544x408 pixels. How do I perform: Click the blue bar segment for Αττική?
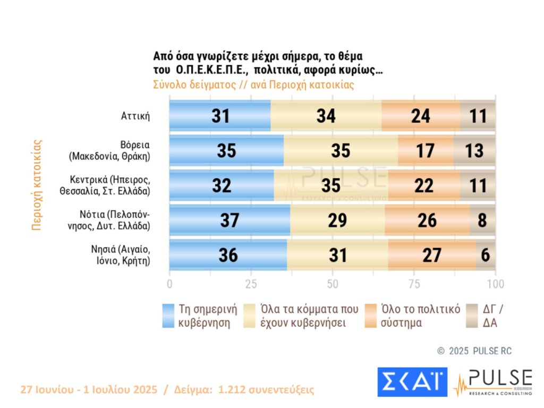click(219, 115)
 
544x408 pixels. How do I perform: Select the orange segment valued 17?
click(426, 150)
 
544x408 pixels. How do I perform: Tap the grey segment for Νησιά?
click(486, 254)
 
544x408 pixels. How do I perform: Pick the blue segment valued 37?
click(229, 220)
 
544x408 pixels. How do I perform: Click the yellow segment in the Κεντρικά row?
click(331, 185)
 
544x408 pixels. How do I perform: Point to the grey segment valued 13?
click(475, 150)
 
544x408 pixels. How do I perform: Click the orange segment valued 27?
click(431, 254)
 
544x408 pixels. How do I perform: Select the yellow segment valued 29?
click(338, 220)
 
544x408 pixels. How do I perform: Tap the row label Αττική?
click(135, 115)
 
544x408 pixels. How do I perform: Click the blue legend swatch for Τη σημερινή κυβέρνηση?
click(168, 316)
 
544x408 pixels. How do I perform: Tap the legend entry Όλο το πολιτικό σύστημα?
click(420, 316)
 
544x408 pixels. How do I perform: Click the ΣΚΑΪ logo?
click(412, 381)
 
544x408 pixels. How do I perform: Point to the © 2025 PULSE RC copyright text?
click(474, 351)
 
